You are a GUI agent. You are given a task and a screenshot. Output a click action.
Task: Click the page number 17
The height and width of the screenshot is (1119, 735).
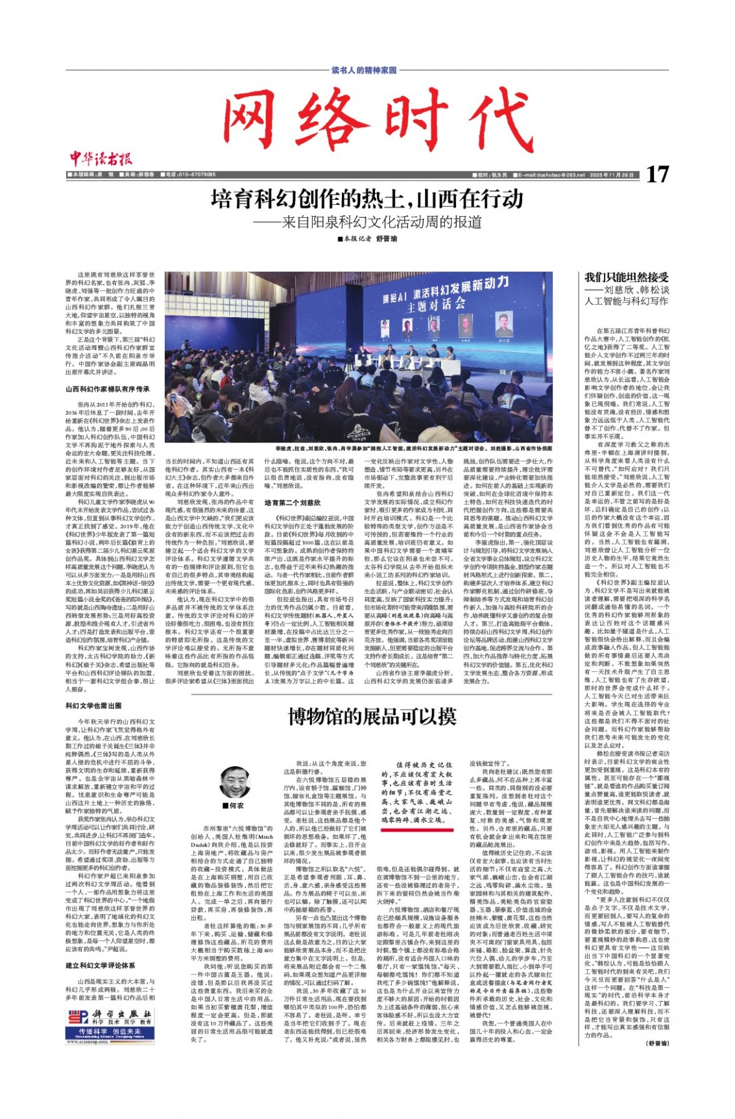pyautogui.click(x=657, y=174)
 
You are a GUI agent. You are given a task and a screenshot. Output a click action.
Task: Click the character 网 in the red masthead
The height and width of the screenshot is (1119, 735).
pyautogui.click(x=259, y=120)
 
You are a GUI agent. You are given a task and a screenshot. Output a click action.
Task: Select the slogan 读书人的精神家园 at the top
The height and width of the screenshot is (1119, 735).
pyautogui.click(x=364, y=69)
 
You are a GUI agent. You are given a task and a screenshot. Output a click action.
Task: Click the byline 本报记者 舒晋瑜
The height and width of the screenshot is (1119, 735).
pyautogui.click(x=367, y=239)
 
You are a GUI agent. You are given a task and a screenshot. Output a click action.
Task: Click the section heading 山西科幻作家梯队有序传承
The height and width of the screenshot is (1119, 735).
pyautogui.click(x=107, y=389)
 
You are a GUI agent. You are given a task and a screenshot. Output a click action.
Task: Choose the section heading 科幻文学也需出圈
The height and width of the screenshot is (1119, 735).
pyautogui.click(x=93, y=705)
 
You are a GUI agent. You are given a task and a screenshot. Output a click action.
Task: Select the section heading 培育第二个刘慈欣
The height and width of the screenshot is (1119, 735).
pyautogui.click(x=292, y=503)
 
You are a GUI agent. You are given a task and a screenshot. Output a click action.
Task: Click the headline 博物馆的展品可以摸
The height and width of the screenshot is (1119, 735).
pyautogui.click(x=372, y=717)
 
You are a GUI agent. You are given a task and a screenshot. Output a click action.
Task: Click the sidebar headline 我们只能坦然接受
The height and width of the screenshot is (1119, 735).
pyautogui.click(x=626, y=277)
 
